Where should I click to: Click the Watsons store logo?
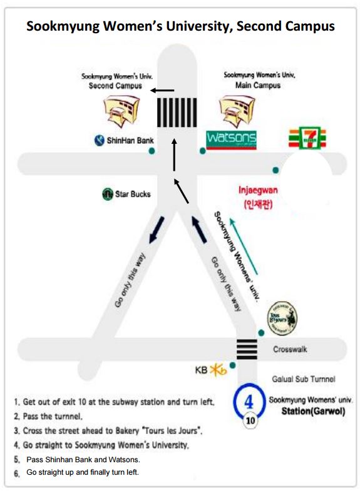[231, 140]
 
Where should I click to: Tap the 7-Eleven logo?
[307, 138]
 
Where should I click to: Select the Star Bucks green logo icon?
[108, 194]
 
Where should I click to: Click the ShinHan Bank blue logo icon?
[100, 140]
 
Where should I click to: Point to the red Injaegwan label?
[258, 197]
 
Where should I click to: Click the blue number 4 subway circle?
[249, 401]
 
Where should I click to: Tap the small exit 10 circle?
[250, 420]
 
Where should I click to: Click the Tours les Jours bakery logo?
[282, 318]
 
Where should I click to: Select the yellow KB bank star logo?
[218, 370]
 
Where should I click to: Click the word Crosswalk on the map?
[290, 349]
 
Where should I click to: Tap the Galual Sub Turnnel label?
[303, 379]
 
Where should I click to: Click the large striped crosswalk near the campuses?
[177, 113]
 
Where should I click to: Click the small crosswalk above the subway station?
[247, 349]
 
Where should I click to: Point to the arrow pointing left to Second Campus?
[162, 91]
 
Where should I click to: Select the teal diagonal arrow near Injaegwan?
[244, 246]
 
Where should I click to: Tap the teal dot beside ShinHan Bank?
[152, 151]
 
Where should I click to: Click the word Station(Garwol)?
[313, 411]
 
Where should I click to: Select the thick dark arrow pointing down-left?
[157, 230]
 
